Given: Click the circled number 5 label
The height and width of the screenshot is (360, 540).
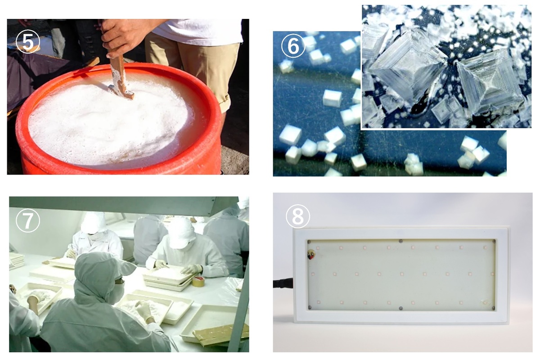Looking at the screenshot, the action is (x=27, y=41).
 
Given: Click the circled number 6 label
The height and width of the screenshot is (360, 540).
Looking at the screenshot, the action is (x=293, y=46).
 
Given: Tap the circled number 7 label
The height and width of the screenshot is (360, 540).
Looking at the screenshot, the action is (x=27, y=220).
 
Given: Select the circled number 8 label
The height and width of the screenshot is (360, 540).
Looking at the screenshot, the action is (x=298, y=216).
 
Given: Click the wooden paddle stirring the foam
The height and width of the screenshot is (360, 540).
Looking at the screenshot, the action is (x=121, y=77).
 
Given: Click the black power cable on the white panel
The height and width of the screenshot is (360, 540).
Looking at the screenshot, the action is (x=283, y=283).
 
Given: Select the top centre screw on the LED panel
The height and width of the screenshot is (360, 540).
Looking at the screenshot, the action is (x=400, y=241).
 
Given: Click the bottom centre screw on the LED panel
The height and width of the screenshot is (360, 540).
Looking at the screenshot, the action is (x=400, y=308).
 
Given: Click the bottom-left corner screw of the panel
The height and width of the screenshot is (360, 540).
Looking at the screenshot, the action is (x=310, y=307).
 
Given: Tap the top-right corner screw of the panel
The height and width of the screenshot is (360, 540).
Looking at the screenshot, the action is (x=494, y=241).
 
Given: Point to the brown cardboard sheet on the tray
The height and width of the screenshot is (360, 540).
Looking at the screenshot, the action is (x=220, y=334).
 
